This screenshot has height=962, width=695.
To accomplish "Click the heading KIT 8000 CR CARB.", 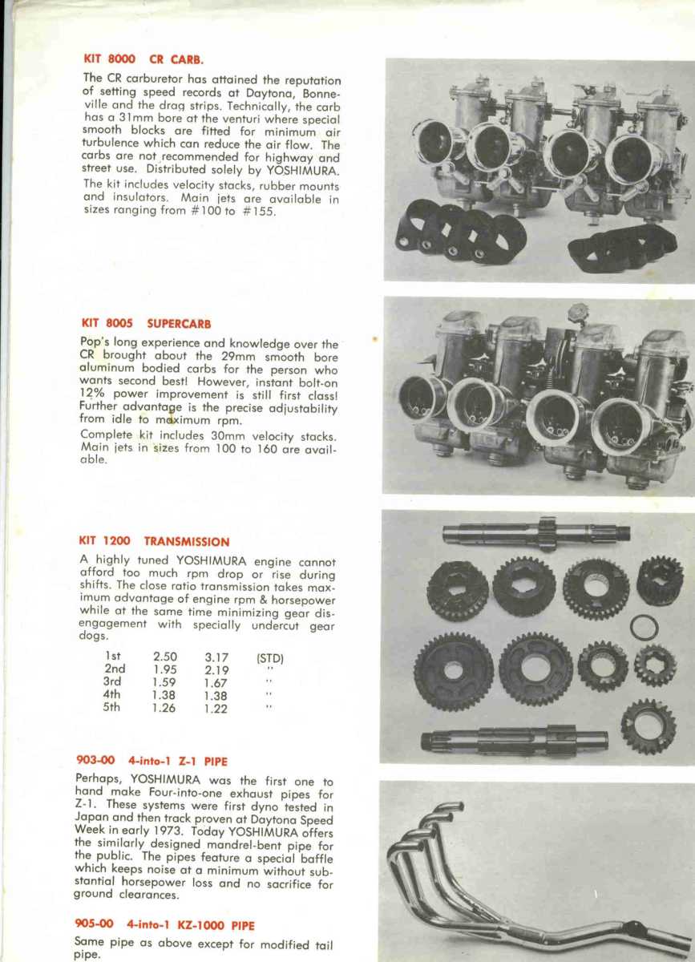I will tap(143, 59).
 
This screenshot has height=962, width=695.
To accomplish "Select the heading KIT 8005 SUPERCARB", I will tap(146, 324).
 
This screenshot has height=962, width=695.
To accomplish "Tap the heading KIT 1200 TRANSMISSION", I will tap(154, 542).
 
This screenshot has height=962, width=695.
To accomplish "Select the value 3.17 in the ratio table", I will tap(216, 657).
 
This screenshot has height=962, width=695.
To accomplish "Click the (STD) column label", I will tap(270, 658).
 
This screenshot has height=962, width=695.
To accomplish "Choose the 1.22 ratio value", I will tap(216, 709).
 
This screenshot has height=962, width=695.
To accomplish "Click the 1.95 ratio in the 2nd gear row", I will tap(165, 669).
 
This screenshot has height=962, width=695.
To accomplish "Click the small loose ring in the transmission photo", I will tap(644, 627).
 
